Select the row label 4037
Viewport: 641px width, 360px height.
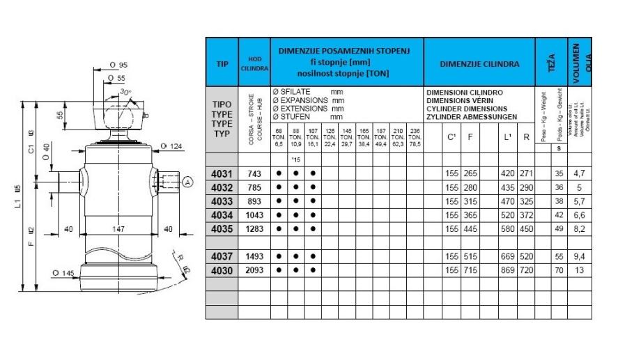tap(222, 256)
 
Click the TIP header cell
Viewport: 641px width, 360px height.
tap(222, 62)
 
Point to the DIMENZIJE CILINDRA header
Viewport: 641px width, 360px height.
tap(479, 63)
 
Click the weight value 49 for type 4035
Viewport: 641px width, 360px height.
tap(558, 228)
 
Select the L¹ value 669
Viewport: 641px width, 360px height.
tap(508, 256)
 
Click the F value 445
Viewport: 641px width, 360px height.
tap(471, 228)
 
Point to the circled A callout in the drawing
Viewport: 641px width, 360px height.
tap(187, 182)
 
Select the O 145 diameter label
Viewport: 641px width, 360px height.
tap(63, 272)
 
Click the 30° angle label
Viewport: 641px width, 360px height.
tap(125, 91)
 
